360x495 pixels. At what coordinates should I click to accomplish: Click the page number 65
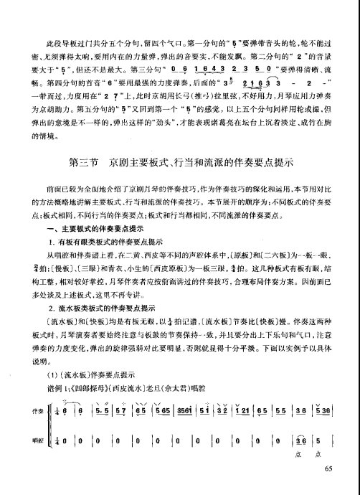tap(329, 469)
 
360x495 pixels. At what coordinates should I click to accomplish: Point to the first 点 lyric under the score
tap(297, 455)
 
